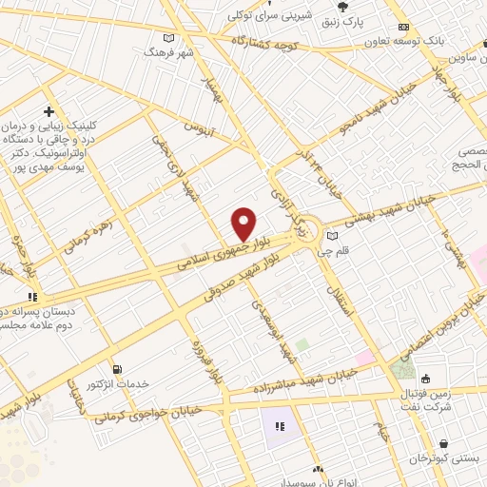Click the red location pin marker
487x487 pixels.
(x=243, y=223)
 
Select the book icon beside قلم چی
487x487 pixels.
(x=332, y=236)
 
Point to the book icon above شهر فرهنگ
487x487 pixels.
(x=169, y=37)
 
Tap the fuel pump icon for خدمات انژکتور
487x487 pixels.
(x=116, y=369)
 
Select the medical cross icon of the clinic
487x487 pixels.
(x=49, y=112)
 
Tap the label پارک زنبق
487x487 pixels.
(x=342, y=21)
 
